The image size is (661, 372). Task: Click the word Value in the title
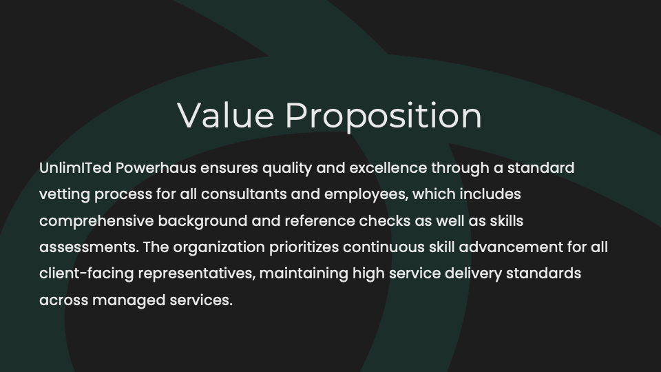pos(226,115)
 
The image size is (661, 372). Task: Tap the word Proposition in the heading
pos(384,116)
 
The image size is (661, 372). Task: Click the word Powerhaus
pos(156,168)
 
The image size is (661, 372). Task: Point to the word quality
pos(287,169)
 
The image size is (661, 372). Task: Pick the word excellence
pos(388,168)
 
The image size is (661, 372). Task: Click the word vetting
pos(65,195)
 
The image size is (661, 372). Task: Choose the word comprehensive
pos(96,221)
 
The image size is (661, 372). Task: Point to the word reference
pos(320,221)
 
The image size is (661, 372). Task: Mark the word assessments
pos(89,247)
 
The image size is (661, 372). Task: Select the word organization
pos(219,248)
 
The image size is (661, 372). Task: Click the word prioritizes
pos(304,248)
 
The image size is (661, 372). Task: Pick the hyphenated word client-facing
pos(87,274)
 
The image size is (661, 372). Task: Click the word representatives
pos(197,274)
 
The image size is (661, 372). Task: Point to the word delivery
pos(474,274)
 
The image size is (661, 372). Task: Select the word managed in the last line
pos(129,301)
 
